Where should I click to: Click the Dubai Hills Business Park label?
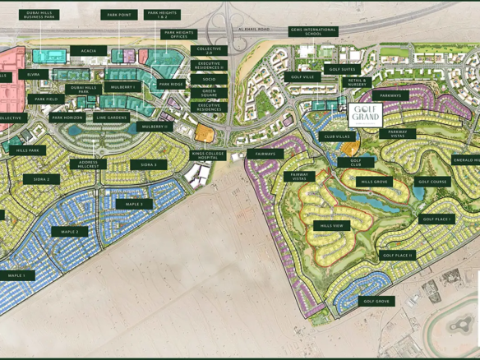point(39,15)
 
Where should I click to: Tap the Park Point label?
point(119,15)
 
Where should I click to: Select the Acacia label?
point(88,51)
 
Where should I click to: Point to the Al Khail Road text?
point(253,29)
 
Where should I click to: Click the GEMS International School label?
point(313,32)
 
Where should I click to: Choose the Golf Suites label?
point(342,70)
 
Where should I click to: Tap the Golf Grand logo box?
point(364,115)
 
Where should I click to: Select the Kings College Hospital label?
point(208,155)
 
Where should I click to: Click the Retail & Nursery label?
point(357,82)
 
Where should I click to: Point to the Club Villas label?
point(336,136)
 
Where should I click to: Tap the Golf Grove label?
point(376,302)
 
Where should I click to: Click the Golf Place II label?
point(398,256)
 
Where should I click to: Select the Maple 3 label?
point(134,204)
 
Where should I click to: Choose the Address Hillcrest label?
point(88,165)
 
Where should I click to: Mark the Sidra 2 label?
point(41,179)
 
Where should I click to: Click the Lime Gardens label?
point(112,118)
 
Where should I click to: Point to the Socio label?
point(209,80)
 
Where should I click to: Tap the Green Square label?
point(209,93)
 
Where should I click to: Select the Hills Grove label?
point(374,182)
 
